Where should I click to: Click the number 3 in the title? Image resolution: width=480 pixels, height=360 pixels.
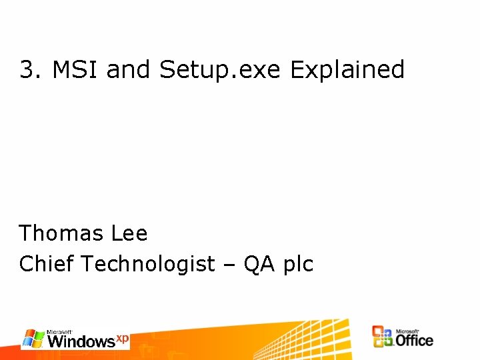27,69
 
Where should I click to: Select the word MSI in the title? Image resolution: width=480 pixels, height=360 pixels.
75,69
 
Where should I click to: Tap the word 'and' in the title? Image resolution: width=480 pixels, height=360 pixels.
129,69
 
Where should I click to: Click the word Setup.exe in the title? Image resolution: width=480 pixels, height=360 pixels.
221,69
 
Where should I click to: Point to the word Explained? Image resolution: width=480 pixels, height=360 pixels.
347,69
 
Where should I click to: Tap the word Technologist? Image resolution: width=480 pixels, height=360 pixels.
148,264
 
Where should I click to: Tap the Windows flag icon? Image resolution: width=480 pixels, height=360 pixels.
33,338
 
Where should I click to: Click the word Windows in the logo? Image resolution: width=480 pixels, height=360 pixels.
81,341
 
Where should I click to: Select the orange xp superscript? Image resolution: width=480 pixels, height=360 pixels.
123,338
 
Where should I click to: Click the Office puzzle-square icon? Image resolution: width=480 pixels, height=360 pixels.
383,337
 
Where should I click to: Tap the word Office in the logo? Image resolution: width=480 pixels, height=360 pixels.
414,340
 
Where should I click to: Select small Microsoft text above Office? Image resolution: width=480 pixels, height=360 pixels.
407,330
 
